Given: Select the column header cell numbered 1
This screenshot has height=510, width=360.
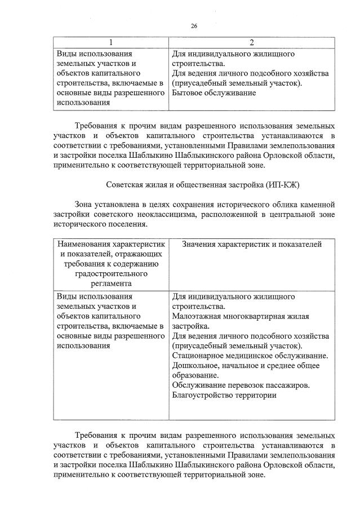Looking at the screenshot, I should [110, 43].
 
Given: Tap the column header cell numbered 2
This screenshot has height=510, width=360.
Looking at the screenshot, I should [252, 43].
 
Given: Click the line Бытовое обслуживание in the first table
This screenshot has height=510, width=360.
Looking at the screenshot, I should [214, 92].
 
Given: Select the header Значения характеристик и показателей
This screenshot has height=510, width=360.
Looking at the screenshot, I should [252, 245].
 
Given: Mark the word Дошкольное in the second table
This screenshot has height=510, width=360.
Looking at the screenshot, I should [194, 366].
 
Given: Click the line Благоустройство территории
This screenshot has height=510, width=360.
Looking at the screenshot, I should [224, 396].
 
